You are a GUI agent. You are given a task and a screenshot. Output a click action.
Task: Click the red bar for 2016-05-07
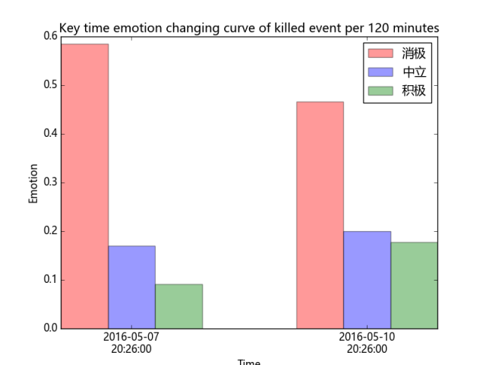(84, 186)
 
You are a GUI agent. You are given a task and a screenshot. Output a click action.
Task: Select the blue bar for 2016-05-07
(131, 287)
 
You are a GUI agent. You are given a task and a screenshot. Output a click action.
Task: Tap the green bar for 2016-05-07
(178, 306)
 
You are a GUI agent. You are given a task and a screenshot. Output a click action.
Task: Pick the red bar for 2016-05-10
(320, 215)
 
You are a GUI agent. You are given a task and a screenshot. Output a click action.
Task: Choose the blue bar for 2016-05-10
(367, 280)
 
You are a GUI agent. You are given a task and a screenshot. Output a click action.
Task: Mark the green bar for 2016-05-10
(414, 285)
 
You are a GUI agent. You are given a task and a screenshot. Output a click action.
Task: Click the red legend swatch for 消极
(380, 53)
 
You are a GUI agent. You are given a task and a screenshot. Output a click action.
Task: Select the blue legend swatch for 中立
(380, 72)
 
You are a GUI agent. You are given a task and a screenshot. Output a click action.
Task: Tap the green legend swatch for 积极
(380, 91)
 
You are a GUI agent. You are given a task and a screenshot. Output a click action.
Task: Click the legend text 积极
(414, 91)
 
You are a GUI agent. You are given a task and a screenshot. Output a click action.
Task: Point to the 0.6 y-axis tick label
(49, 36)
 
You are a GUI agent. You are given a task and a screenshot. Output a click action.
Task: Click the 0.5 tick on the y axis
(49, 85)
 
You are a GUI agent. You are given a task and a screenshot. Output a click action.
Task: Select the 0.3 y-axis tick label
(49, 182)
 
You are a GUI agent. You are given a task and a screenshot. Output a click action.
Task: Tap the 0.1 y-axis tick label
(49, 280)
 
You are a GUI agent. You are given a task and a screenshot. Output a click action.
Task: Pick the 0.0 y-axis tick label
(49, 328)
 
